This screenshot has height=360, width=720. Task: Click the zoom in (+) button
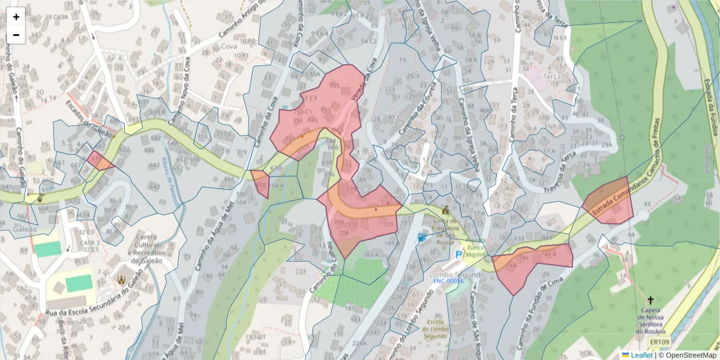point(16,17)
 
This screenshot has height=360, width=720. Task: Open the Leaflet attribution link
point(641,355)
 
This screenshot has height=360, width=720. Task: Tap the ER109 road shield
point(659,343)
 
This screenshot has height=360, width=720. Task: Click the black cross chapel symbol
point(650,299)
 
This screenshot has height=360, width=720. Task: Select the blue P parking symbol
point(459,255)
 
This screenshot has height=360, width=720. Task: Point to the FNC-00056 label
point(449,281)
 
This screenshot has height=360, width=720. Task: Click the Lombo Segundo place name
point(449,274)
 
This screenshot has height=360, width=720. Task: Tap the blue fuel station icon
point(422,238)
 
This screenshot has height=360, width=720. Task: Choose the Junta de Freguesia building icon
point(445,211)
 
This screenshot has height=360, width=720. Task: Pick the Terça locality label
point(551,77)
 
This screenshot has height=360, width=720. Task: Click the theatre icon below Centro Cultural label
point(122,279)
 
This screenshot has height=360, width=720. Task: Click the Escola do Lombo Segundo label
point(436,329)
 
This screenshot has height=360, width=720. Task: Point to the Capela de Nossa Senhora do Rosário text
point(651,320)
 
